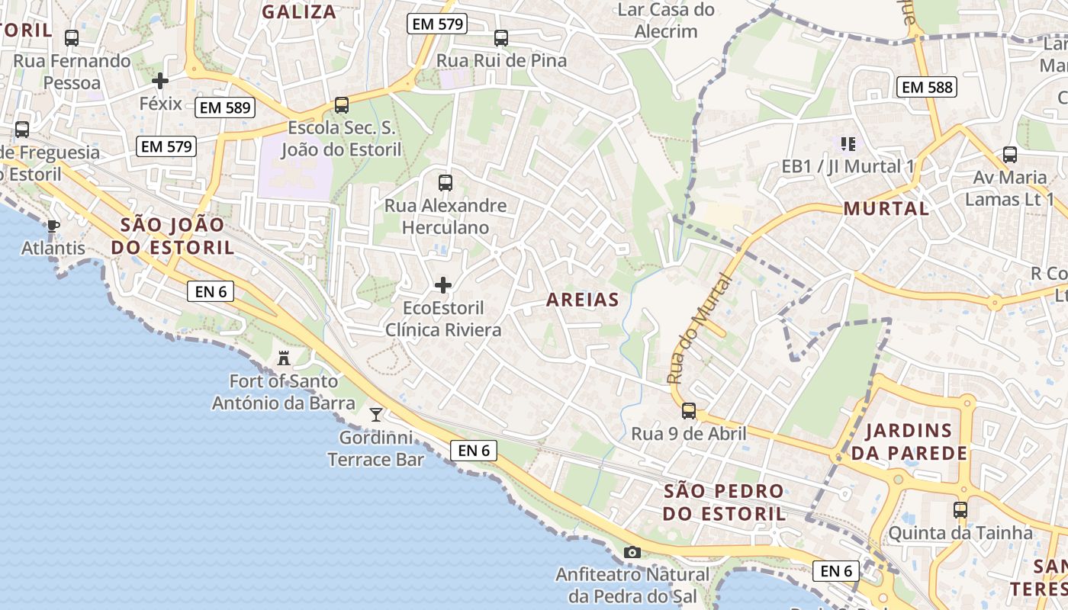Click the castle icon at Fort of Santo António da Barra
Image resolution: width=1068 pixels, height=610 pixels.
(x=284, y=358)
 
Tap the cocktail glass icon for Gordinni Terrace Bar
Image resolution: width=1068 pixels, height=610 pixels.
(x=376, y=414)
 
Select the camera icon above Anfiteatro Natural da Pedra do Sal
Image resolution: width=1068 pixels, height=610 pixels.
(x=632, y=552)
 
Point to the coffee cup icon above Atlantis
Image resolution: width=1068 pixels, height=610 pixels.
(x=53, y=226)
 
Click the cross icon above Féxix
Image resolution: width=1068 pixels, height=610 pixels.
(x=160, y=80)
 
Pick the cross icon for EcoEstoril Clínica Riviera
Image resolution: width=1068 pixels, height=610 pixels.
(x=442, y=285)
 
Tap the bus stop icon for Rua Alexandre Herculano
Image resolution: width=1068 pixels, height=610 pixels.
(x=446, y=183)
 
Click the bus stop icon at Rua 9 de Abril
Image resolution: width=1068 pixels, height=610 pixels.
(x=688, y=411)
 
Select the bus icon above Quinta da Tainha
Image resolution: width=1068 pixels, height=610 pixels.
(x=960, y=509)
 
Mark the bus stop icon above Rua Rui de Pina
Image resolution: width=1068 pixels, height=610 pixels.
(x=501, y=38)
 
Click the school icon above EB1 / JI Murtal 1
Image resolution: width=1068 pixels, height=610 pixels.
(x=848, y=143)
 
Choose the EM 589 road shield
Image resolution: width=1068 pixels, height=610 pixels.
(x=224, y=108)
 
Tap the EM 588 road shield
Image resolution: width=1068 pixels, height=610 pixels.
(x=927, y=87)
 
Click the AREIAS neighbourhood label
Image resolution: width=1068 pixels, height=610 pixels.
(x=583, y=300)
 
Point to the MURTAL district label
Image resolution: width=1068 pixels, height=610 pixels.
(x=886, y=208)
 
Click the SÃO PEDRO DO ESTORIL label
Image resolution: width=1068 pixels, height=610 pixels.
(x=724, y=502)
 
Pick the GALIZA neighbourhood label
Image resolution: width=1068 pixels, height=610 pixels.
(x=299, y=11)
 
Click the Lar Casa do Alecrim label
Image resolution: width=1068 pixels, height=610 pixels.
(x=666, y=21)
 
